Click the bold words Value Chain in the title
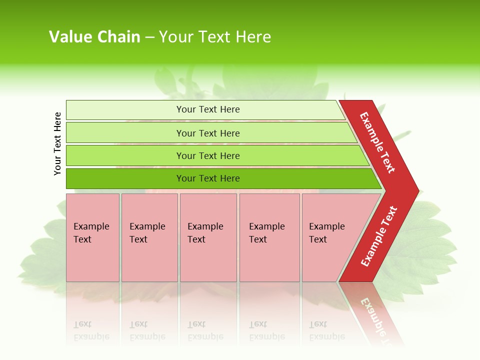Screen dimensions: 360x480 pos(94,37)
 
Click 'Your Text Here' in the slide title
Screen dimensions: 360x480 pos(215,37)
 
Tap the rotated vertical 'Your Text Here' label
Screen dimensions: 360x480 pos(57,143)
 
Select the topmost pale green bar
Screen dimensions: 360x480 pos(125,110)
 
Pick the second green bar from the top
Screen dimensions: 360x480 pos(125,133)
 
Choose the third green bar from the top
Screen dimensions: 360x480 pos(125,155)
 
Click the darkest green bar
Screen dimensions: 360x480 pos(125,178)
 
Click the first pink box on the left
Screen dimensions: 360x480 pos(92,260)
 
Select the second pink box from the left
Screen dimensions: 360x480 pos(149,260)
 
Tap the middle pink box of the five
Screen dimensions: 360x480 pos(208,260)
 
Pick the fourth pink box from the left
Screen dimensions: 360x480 pos(269,260)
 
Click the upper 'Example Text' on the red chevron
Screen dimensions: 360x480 pos(377,142)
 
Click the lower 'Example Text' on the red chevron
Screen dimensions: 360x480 pos(379,236)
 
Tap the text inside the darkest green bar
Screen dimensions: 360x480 pos(208,178)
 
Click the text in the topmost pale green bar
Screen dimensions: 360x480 pos(208,109)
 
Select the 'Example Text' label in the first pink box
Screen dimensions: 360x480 pos(91,233)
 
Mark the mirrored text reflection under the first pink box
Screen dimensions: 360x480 pos(91,330)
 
